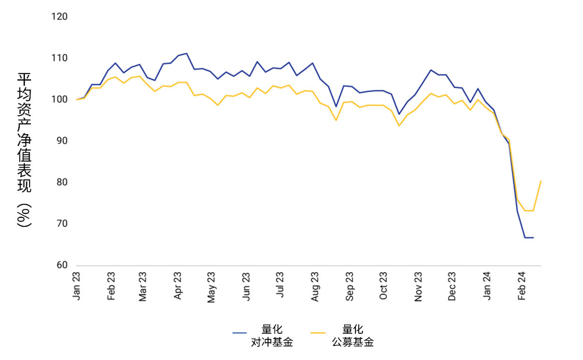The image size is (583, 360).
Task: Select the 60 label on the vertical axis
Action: [62, 265]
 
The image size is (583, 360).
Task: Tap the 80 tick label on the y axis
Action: [62, 182]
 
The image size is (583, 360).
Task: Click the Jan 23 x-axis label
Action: [76, 286]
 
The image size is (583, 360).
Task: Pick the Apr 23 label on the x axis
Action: [178, 286]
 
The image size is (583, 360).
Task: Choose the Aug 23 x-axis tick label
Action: [315, 286]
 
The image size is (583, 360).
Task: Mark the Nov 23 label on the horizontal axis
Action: [418, 286]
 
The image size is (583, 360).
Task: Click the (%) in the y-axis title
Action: [24, 216]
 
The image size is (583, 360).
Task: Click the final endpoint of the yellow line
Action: [541, 181]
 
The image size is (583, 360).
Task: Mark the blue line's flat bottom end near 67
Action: [532, 237]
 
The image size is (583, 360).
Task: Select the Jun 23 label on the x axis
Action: [246, 286]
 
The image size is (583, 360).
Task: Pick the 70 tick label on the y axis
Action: [62, 224]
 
